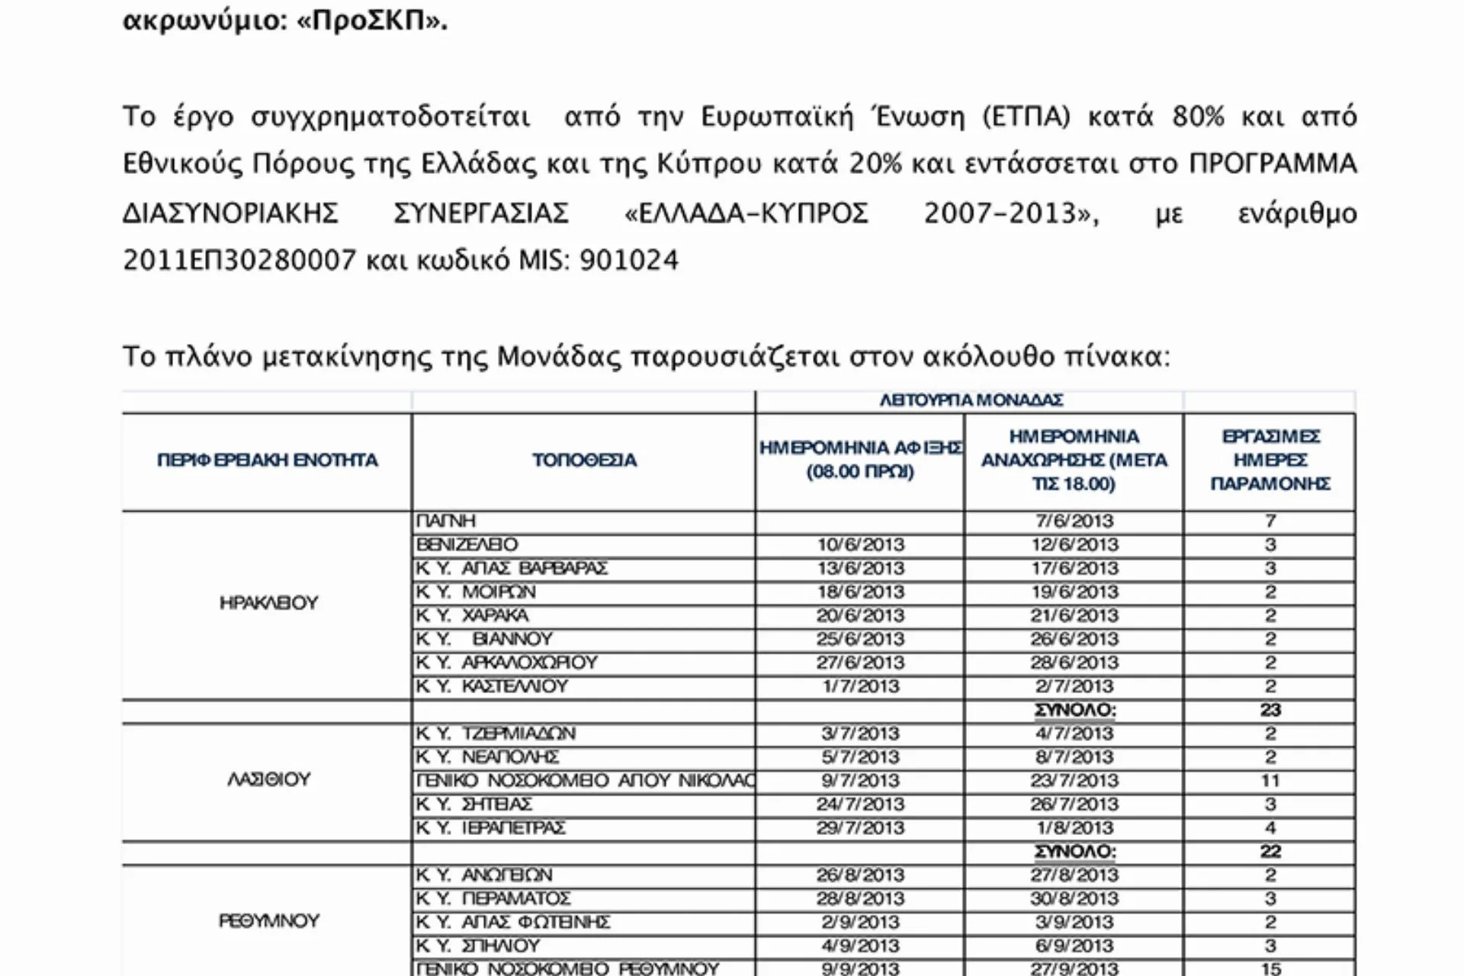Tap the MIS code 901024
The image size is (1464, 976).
click(x=628, y=260)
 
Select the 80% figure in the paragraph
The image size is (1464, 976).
click(x=1198, y=117)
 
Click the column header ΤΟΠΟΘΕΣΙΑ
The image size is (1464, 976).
click(x=584, y=461)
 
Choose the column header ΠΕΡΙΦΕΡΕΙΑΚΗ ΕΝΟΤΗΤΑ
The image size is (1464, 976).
click(x=267, y=461)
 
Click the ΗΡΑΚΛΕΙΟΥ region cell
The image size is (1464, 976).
click(x=268, y=603)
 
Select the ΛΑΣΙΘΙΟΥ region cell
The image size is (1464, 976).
click(x=268, y=780)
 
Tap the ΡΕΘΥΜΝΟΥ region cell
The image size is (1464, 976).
click(x=268, y=921)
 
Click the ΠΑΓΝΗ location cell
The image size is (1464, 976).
click(x=446, y=521)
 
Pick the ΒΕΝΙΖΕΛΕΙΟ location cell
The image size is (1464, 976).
click(x=467, y=544)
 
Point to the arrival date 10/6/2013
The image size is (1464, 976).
click(x=860, y=544)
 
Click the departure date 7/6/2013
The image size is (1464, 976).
click(x=1074, y=521)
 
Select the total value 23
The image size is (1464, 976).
click(x=1270, y=710)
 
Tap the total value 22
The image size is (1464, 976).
click(x=1270, y=851)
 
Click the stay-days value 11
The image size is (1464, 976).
click(x=1270, y=781)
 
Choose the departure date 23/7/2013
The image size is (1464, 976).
click(x=1074, y=781)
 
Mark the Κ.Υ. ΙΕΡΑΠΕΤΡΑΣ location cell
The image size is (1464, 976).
click(x=491, y=828)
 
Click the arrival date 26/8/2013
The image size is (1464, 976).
click(x=860, y=875)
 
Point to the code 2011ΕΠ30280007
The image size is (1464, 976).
click(x=239, y=260)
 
